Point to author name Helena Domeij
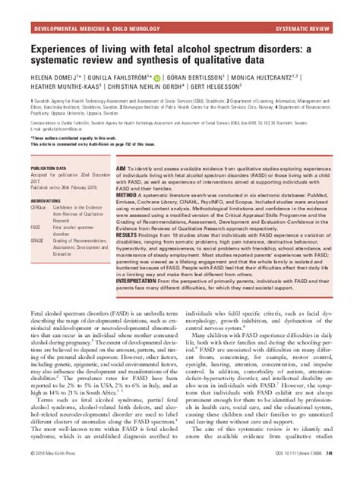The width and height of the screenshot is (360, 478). pos(52,77)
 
